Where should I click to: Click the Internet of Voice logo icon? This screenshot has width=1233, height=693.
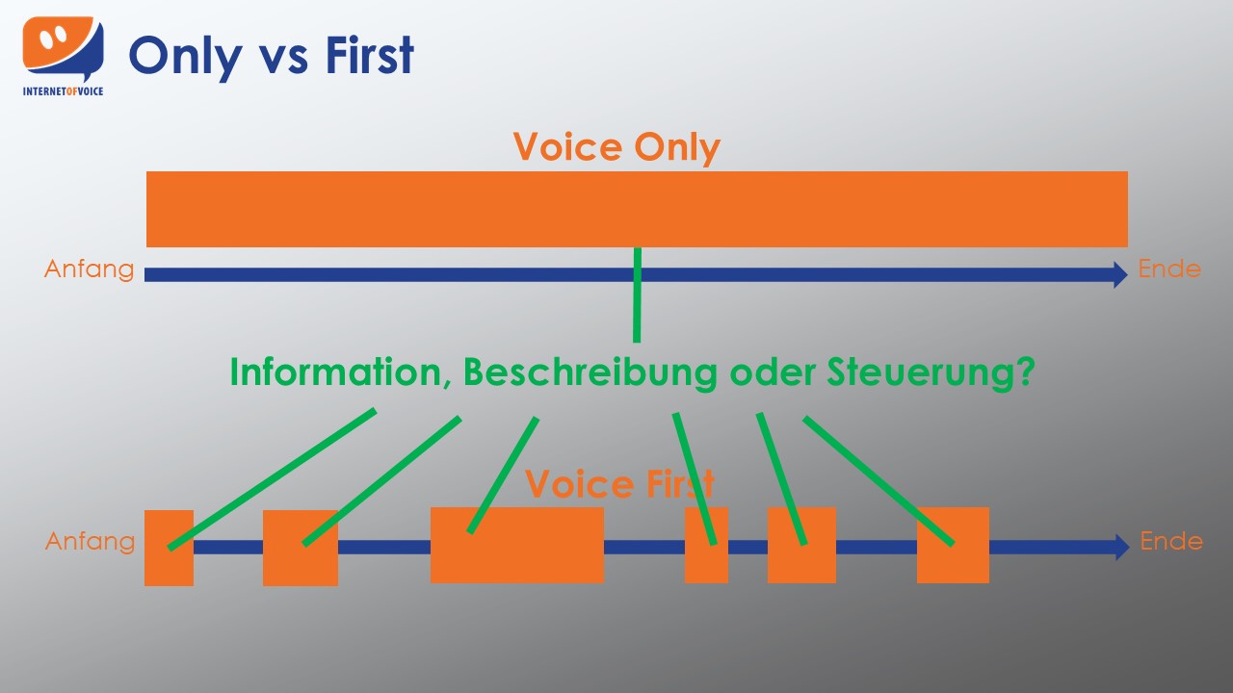point(63,50)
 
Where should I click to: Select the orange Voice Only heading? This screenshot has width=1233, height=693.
point(616,147)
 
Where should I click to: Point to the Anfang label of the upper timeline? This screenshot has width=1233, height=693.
point(90,269)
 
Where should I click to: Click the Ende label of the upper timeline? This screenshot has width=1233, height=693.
point(1169,269)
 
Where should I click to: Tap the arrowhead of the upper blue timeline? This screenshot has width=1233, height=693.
point(1120,274)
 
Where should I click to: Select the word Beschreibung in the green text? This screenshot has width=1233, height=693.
point(590,372)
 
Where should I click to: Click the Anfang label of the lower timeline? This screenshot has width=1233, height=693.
point(90,541)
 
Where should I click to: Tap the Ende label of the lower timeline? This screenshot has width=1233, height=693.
point(1171,541)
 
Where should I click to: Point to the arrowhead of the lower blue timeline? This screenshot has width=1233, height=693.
point(1121,547)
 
